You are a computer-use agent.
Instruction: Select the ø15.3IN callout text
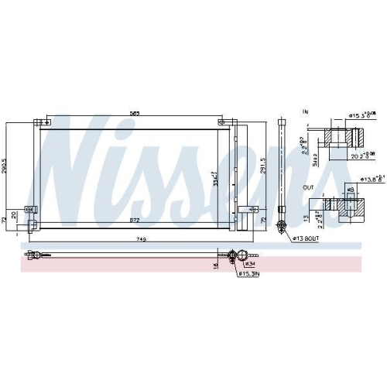point(249,273)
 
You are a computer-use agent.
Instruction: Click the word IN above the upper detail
point(306,113)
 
